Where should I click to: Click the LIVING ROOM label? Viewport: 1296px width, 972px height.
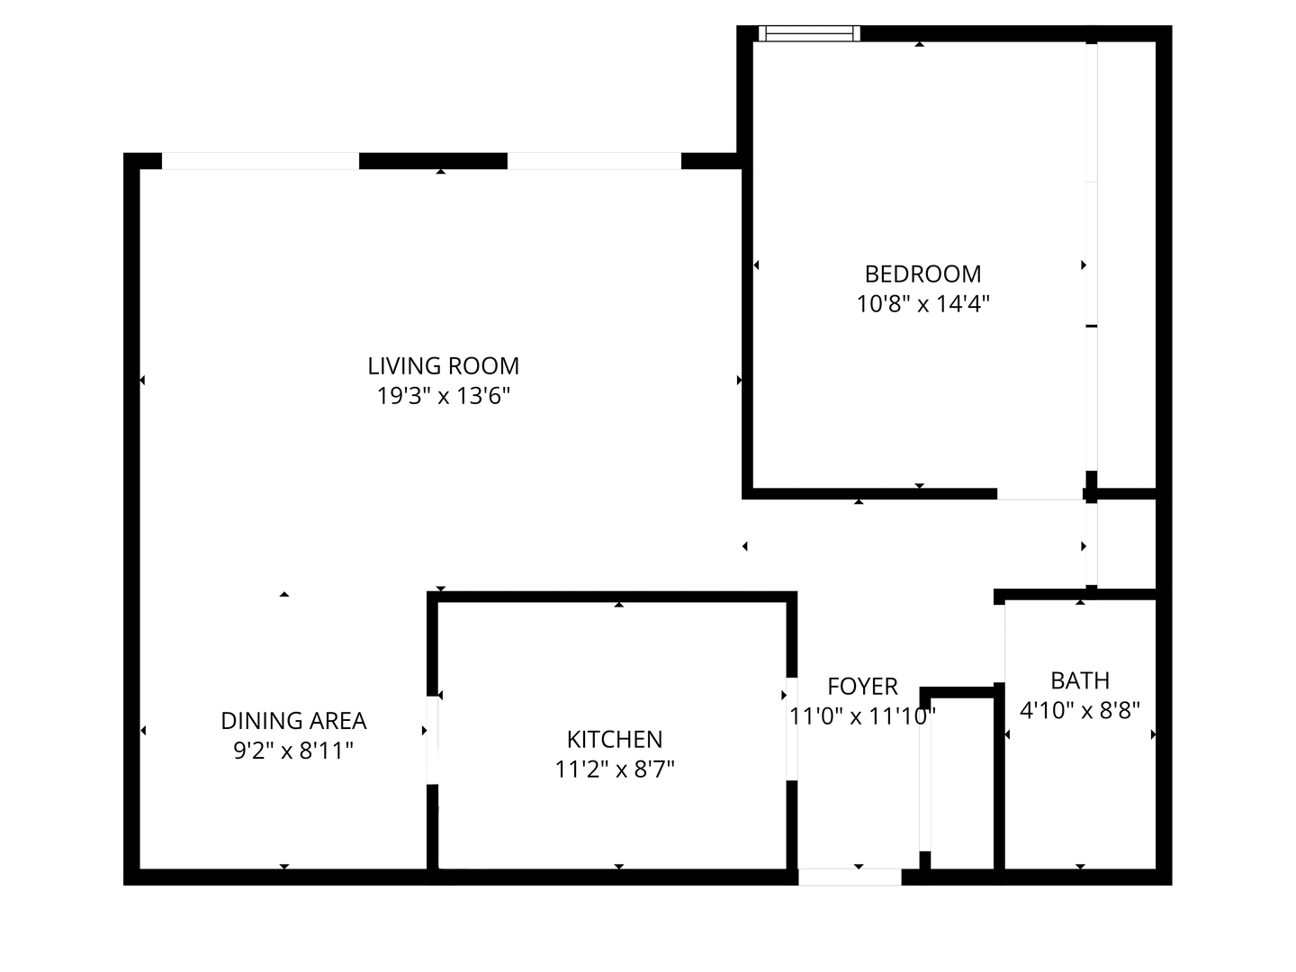coord(443,366)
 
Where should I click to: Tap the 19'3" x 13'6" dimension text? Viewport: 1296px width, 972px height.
coord(443,396)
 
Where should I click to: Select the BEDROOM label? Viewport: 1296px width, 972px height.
coord(922,274)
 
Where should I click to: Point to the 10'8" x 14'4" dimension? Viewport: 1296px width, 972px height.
coord(922,304)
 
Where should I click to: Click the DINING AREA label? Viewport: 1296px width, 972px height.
coord(293,721)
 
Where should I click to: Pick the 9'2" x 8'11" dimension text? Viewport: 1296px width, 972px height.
coord(293,751)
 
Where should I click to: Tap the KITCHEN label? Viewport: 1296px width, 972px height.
coord(615,739)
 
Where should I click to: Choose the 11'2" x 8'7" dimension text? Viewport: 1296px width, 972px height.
coord(615,769)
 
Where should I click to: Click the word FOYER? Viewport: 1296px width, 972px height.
coord(862,687)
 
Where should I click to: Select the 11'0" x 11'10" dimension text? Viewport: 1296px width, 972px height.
coord(862,716)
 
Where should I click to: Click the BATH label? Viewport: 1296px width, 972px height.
coord(1080,680)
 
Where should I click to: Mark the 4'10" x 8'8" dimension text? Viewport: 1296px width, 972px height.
coord(1080,711)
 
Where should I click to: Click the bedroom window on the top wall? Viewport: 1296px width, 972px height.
coord(809,34)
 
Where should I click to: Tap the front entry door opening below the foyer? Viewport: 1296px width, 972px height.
coord(850,877)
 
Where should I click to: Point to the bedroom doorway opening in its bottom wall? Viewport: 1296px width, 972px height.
coord(1040,494)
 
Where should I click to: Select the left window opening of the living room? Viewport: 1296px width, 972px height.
coord(260,162)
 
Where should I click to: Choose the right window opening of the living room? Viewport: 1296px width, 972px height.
coord(594,162)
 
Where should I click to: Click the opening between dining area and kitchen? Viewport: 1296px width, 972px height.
coord(432,738)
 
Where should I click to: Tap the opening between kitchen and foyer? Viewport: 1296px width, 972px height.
coord(792,728)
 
